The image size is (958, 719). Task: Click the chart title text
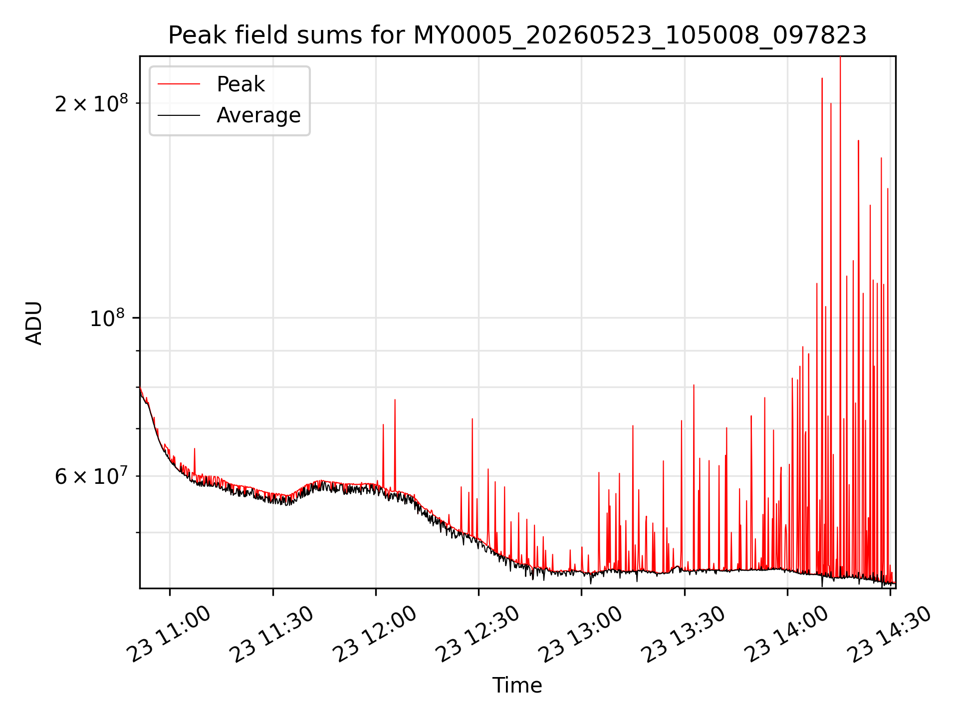517,35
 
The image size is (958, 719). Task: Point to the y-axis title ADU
34,323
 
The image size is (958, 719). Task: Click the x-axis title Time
517,685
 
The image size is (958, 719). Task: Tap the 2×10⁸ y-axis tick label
91,103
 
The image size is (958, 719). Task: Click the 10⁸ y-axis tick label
108,318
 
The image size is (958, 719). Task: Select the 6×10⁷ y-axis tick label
91,476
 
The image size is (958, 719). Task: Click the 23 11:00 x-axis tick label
170,635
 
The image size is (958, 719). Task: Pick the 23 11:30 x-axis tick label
272,635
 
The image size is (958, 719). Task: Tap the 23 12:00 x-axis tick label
375,635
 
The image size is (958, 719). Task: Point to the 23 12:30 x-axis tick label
478,635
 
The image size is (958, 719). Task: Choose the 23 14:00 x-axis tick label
787,635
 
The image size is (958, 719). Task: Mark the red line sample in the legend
179,84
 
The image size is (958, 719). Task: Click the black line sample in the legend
179,115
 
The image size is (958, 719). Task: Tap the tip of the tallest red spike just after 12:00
395,399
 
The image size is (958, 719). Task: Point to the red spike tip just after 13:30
694,385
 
